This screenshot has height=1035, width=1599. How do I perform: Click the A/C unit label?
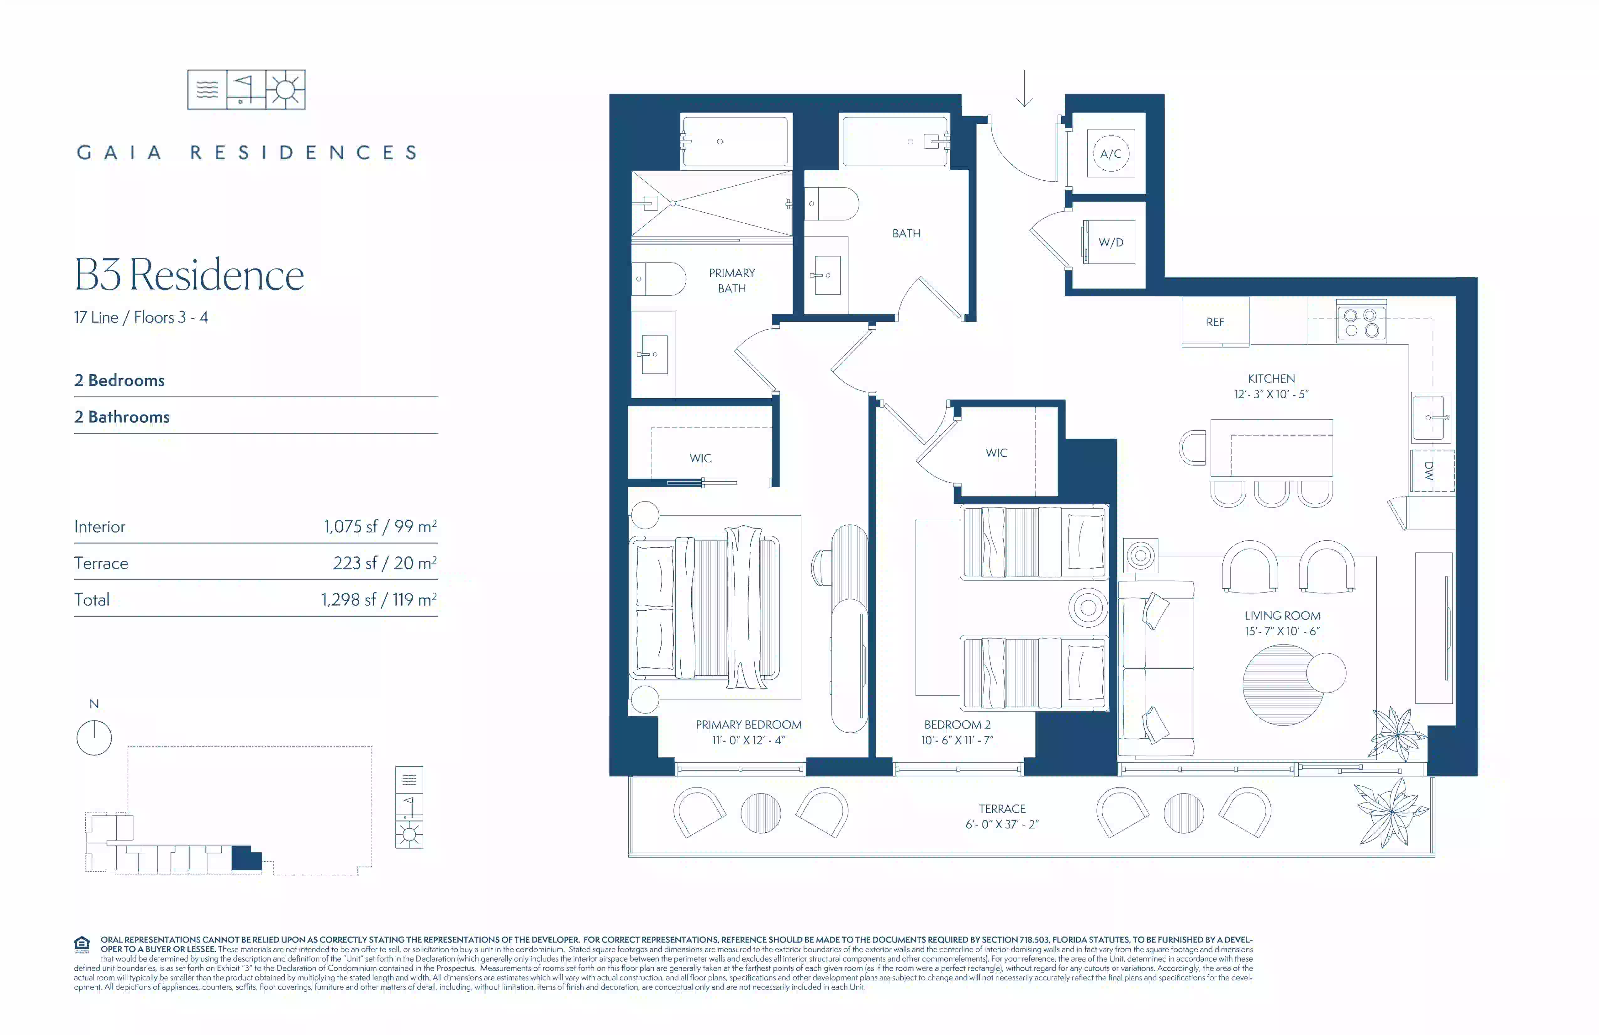pos(1111,154)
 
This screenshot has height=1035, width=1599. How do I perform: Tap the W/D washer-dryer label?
pos(1111,243)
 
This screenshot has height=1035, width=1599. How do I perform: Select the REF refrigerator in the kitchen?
pos(1215,322)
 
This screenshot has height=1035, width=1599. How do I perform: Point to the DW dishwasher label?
pos(1429,470)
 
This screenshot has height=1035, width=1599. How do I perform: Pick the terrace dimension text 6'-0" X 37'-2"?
pos(1002,825)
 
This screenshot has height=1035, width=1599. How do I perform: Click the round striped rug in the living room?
pos(1283,685)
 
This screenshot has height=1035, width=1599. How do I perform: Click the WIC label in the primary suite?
pos(700,458)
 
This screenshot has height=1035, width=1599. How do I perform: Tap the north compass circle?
pos(94,738)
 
